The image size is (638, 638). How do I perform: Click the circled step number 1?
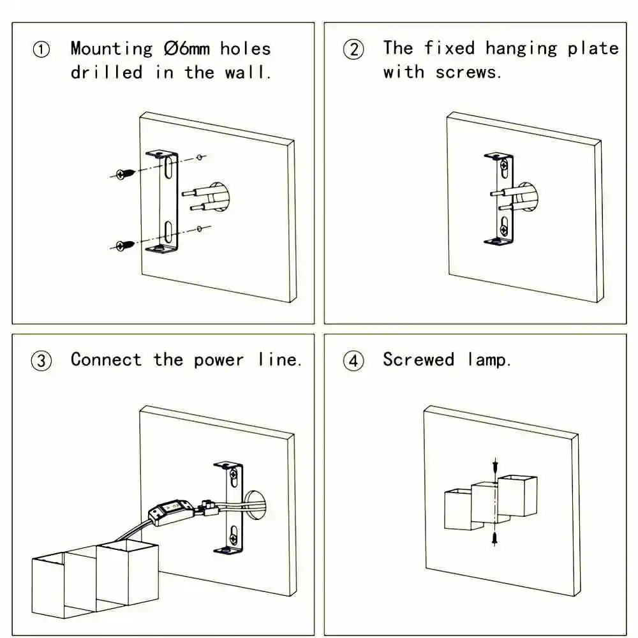tap(41, 50)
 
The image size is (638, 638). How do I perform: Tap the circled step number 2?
tap(353, 50)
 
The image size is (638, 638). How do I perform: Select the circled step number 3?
tap(41, 361)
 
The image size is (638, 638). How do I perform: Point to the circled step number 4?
tap(353, 361)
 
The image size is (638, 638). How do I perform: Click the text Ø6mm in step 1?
tap(186, 48)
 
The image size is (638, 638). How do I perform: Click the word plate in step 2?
tap(593, 48)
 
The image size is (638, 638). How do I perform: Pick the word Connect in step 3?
tap(106, 360)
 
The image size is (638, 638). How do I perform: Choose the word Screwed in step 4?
tap(419, 360)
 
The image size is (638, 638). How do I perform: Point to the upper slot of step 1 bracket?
tap(166, 169)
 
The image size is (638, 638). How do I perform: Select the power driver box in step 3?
tap(170, 511)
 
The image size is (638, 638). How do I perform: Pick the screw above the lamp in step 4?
tap(495, 466)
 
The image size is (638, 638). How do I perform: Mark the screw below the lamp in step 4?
tap(495, 538)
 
